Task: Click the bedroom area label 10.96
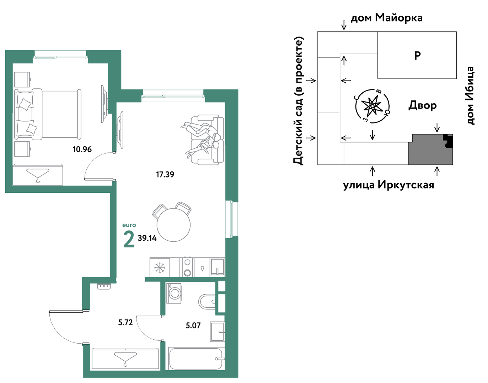pyautogui.click(x=82, y=149)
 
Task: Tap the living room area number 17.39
pyautogui.click(x=165, y=174)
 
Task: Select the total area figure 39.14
pyautogui.click(x=147, y=238)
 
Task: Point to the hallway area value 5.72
pyautogui.click(x=125, y=322)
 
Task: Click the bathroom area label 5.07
pyautogui.click(x=193, y=325)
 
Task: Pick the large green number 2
pyautogui.click(x=129, y=240)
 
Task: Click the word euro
pyautogui.click(x=129, y=225)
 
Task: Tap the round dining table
pyautogui.click(x=173, y=225)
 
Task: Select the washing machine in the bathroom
pyautogui.click(x=174, y=293)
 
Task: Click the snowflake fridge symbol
pyautogui.click(x=160, y=268)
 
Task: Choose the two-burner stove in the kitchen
pyautogui.click(x=187, y=267)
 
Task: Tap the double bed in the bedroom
pyautogui.click(x=48, y=114)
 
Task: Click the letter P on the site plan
pyautogui.click(x=417, y=55)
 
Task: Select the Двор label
pyautogui.click(x=423, y=105)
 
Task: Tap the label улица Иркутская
pyautogui.click(x=388, y=185)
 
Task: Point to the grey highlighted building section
pyautogui.click(x=430, y=149)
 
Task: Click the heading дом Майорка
pyautogui.click(x=386, y=18)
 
